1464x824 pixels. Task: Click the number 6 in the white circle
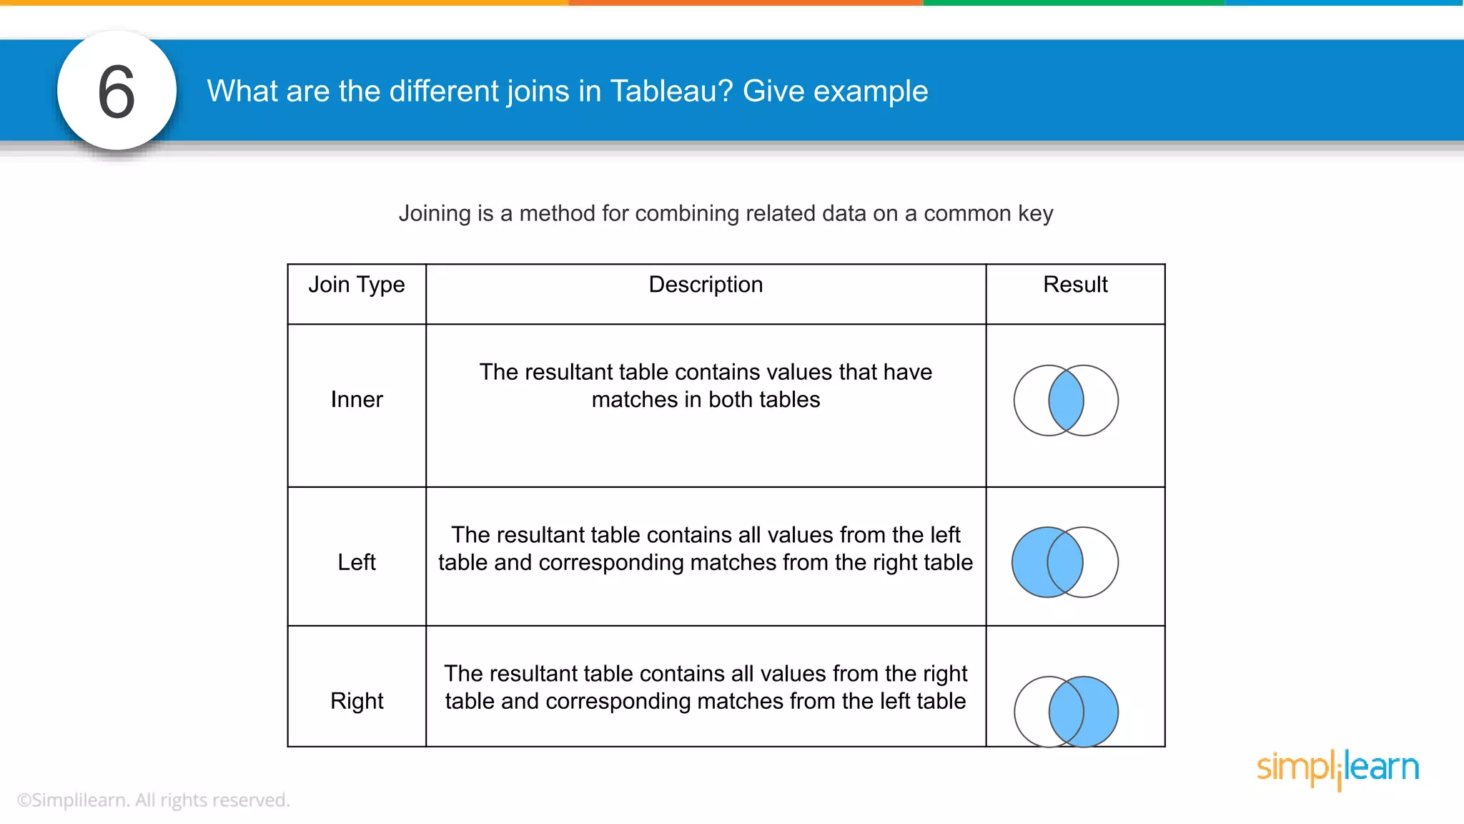(x=117, y=92)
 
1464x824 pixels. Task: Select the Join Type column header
(x=356, y=285)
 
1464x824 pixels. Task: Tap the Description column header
(x=706, y=285)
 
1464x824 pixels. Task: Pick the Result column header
(x=1075, y=285)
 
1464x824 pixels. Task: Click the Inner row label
(x=356, y=399)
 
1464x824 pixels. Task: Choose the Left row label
(x=356, y=562)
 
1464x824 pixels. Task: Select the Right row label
(x=356, y=701)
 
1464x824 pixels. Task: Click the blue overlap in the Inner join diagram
(x=1066, y=401)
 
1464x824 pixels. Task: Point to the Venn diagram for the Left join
(x=1065, y=562)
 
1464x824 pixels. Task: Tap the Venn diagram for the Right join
(x=1066, y=711)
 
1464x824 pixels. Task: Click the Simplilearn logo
(x=1337, y=768)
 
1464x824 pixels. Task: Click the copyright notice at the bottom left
(x=153, y=800)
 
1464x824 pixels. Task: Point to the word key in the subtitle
(x=1035, y=214)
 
